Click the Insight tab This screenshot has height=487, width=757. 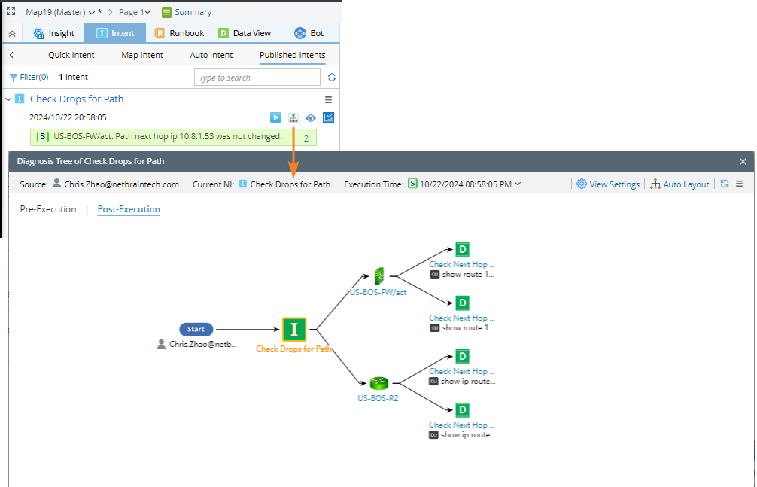54,33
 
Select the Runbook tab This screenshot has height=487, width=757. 179,33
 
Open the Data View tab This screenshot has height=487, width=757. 245,33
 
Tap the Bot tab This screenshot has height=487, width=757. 309,33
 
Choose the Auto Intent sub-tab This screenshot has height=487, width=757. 211,55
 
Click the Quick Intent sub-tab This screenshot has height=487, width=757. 71,55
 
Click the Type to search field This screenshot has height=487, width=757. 257,78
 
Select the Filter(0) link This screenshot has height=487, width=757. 29,77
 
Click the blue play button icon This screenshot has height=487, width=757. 276,117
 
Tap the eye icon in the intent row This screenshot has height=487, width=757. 311,117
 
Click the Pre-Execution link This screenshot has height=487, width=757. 48,209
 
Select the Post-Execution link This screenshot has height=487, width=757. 129,209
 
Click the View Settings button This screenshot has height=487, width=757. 608,184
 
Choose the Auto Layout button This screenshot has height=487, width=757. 679,184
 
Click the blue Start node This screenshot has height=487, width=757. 196,329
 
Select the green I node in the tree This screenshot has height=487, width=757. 294,329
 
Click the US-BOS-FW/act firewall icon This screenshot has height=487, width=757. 378,277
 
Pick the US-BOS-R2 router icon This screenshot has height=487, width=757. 378,383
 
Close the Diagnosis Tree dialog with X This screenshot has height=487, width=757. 743,161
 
